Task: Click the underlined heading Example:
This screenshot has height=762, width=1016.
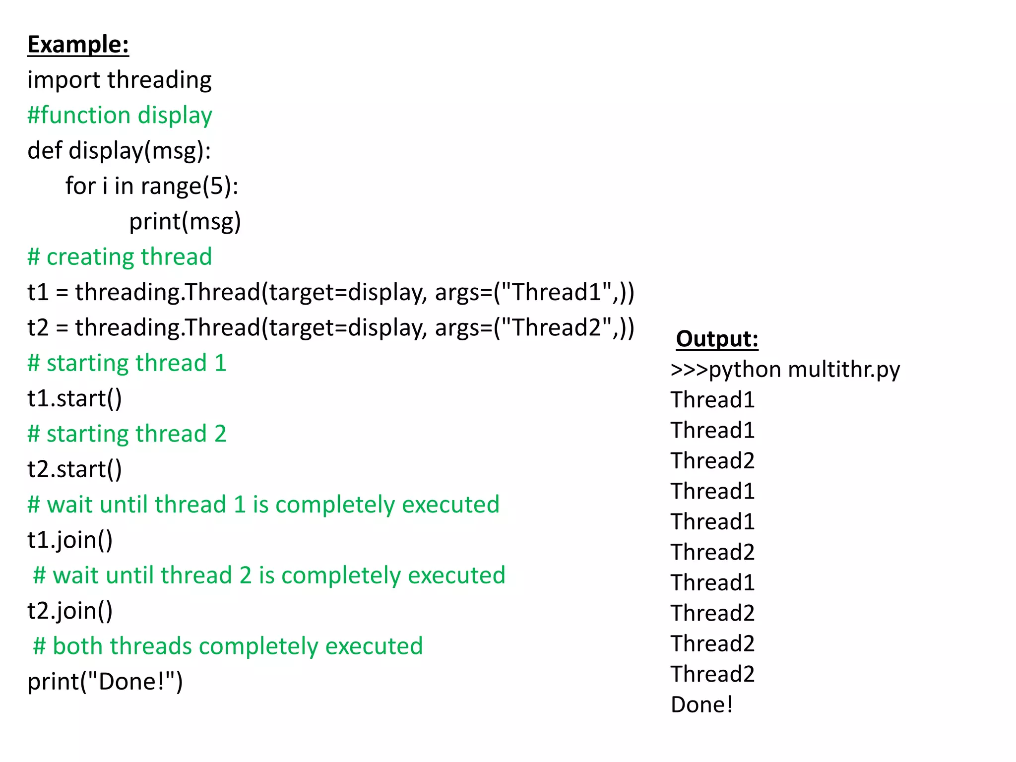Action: pos(78,45)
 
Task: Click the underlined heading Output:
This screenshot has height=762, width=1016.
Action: pos(717,339)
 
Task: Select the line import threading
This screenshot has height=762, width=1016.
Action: pos(119,80)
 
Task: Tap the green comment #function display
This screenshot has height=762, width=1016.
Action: pos(120,116)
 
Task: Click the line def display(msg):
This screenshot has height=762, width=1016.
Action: pos(119,151)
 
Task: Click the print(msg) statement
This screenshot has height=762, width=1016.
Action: pos(185,222)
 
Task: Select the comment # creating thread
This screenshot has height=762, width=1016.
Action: pos(120,257)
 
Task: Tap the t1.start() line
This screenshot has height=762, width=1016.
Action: pos(74,399)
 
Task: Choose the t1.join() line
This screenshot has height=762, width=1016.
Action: pos(70,540)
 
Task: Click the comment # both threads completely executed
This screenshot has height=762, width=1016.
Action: pos(228,646)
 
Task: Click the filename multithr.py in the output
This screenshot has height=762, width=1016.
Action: pos(843,370)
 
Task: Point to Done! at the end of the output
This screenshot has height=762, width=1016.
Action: pos(701,705)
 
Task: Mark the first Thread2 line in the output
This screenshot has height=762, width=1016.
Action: pos(712,461)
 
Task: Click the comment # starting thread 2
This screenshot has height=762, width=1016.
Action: pos(127,434)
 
